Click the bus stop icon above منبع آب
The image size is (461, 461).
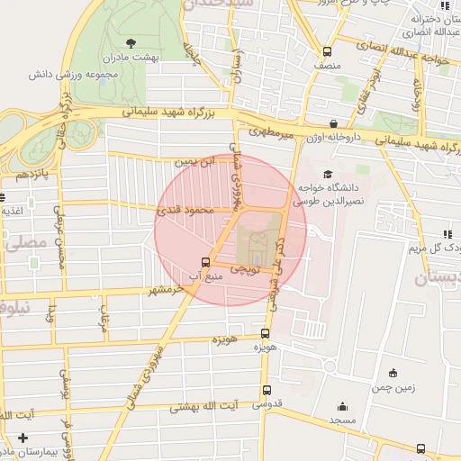(x=206, y=263)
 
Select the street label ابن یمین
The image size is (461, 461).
(x=197, y=162)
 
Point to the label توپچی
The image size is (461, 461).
(x=245, y=268)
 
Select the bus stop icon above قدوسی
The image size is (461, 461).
(x=266, y=390)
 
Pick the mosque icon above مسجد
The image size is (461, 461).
(x=342, y=406)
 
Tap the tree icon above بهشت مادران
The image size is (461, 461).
(x=131, y=42)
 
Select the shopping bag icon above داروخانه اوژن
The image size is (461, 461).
(x=334, y=123)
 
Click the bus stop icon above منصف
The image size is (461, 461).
(x=327, y=51)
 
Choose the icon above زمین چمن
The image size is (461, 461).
(x=393, y=373)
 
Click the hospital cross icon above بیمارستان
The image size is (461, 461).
(x=23, y=438)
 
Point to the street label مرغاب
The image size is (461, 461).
(x=104, y=320)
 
